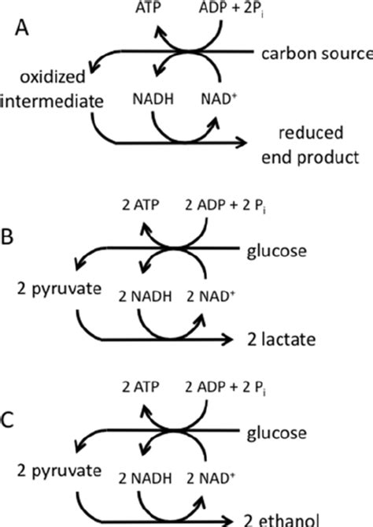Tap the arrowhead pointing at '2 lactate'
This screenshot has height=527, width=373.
tap(229, 340)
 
